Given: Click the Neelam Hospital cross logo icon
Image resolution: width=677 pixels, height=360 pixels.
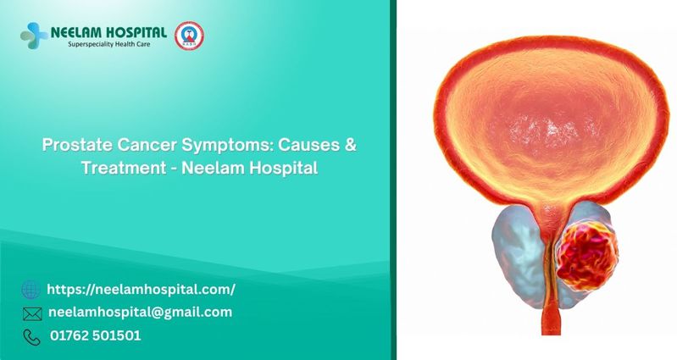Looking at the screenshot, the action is (x=34, y=36).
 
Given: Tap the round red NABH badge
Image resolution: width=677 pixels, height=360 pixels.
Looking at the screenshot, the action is (x=189, y=36).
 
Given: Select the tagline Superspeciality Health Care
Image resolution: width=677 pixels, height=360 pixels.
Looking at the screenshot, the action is (x=109, y=44).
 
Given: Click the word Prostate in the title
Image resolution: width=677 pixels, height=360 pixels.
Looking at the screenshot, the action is (x=77, y=145).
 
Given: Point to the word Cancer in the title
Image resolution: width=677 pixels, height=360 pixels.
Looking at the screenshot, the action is (x=147, y=145).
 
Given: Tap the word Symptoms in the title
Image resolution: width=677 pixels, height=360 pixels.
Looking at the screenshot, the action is (x=227, y=146).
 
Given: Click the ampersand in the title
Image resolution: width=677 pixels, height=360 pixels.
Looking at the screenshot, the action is (x=351, y=145).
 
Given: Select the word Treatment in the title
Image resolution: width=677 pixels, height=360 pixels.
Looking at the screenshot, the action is (x=124, y=168).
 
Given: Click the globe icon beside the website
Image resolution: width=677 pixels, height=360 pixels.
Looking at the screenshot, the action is (x=31, y=289).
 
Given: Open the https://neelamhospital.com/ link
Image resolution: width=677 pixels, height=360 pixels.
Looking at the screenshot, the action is (x=141, y=289).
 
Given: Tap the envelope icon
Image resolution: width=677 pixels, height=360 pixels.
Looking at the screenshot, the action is (x=32, y=313).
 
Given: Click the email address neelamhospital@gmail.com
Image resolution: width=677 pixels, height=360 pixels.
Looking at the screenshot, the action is (x=141, y=312).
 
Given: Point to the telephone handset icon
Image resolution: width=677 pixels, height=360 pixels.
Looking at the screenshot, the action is (x=31, y=337).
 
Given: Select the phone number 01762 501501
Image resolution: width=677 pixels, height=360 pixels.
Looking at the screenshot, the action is (x=96, y=335).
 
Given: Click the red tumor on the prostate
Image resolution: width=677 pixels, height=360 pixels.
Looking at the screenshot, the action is (x=587, y=256).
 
